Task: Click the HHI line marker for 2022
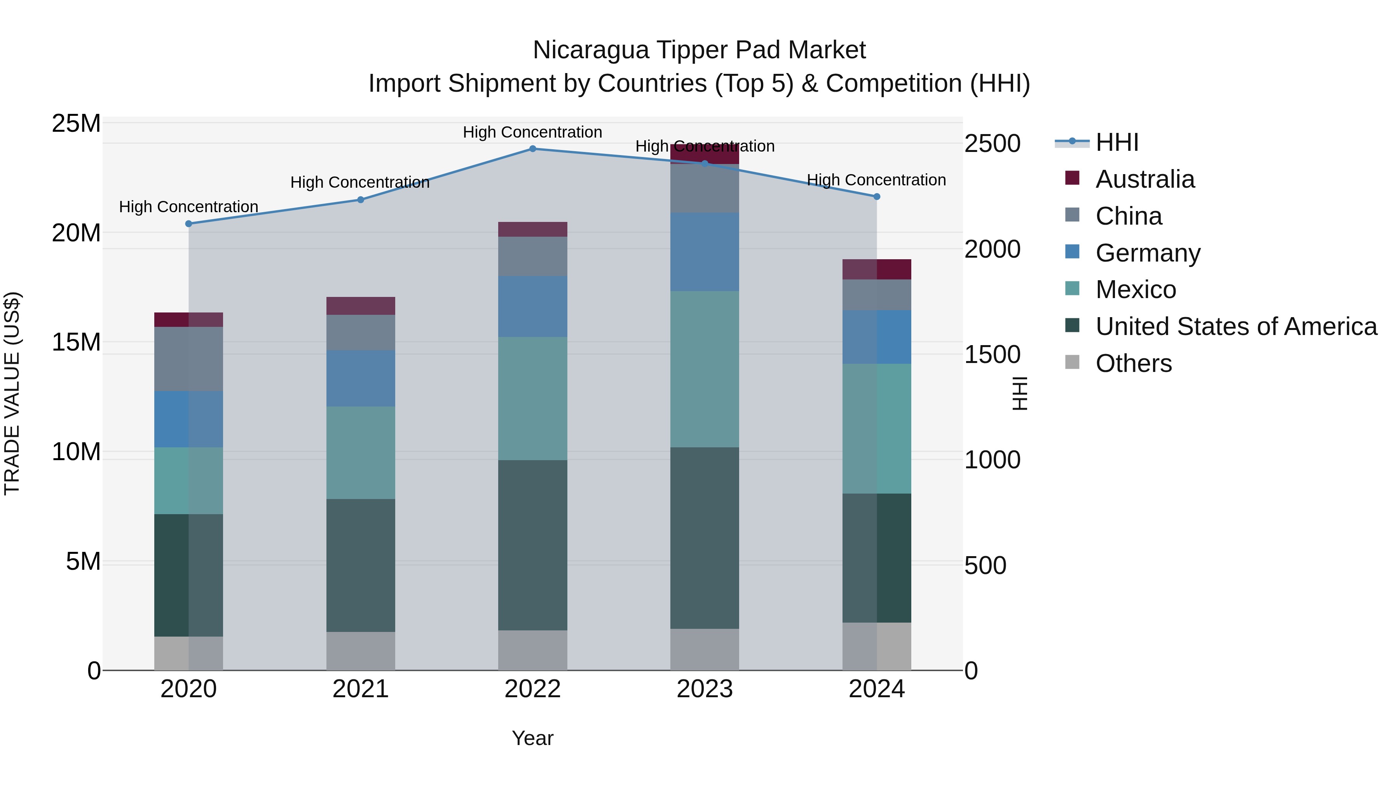[x=532, y=149]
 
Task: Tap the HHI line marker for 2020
[x=188, y=224]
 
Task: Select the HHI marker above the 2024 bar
[x=877, y=197]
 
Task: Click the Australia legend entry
[x=1145, y=179]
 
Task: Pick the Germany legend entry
[x=1148, y=253]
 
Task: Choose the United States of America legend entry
[x=1235, y=326]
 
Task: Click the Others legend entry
[x=1134, y=363]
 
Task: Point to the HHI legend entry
[x=1116, y=142]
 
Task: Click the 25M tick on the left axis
[x=76, y=124]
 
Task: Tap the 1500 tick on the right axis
[x=992, y=355]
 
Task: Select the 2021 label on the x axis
[x=361, y=689]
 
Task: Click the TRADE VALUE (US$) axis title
[x=12, y=393]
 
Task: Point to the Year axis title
[x=532, y=738]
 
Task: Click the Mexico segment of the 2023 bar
[x=705, y=369]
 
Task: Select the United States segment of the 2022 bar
[x=532, y=545]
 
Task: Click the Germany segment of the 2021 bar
[x=361, y=378]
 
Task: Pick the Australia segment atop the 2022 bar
[x=532, y=229]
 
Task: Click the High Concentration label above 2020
[x=188, y=207]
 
